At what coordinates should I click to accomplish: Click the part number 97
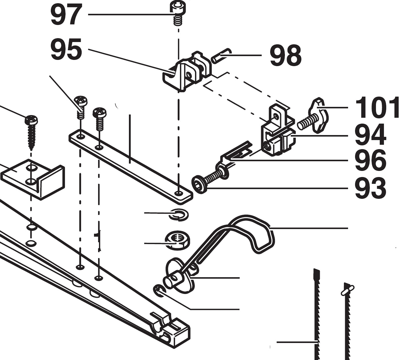pyautogui.click(x=66, y=15)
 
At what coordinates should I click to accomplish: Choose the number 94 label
pyautogui.click(x=370, y=135)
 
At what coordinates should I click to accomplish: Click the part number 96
pyautogui.click(x=370, y=160)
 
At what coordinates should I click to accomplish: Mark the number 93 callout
pyautogui.click(x=370, y=188)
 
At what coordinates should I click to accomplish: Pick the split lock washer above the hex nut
pyautogui.click(x=178, y=214)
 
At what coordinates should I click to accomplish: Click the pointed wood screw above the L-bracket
pyautogui.click(x=31, y=131)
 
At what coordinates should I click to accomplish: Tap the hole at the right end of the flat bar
pyautogui.click(x=179, y=193)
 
